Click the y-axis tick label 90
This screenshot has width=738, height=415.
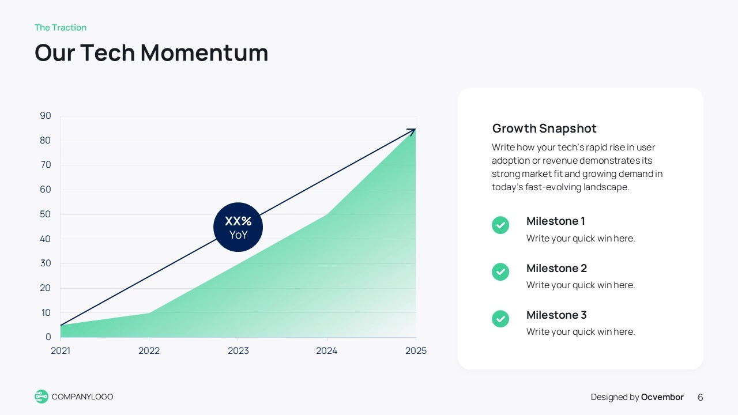tap(46, 116)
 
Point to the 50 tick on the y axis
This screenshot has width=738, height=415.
tap(46, 214)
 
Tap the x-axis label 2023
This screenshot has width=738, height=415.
tap(238, 350)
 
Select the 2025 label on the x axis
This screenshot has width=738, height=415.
tap(416, 350)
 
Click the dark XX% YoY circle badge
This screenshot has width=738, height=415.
tap(238, 227)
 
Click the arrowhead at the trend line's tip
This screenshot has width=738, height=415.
tap(412, 131)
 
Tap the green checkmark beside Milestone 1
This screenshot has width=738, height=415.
tap(500, 225)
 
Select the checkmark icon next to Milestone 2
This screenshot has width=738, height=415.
tap(500, 271)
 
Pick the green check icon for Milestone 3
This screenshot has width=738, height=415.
tap(500, 319)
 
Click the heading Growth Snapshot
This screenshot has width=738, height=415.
tap(544, 129)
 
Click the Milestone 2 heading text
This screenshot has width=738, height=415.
tap(557, 268)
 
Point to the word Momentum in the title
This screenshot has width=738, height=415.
tap(205, 52)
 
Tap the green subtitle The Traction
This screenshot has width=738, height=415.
tap(61, 27)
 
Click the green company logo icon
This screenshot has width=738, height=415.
tap(41, 397)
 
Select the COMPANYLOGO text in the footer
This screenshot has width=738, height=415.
tap(82, 397)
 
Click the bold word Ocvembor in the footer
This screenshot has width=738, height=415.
tap(662, 397)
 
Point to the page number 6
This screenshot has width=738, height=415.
tap(701, 397)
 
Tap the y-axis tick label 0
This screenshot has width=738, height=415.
tap(48, 337)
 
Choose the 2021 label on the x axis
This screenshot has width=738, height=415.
tap(61, 350)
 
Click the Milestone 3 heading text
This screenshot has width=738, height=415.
tap(557, 315)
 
